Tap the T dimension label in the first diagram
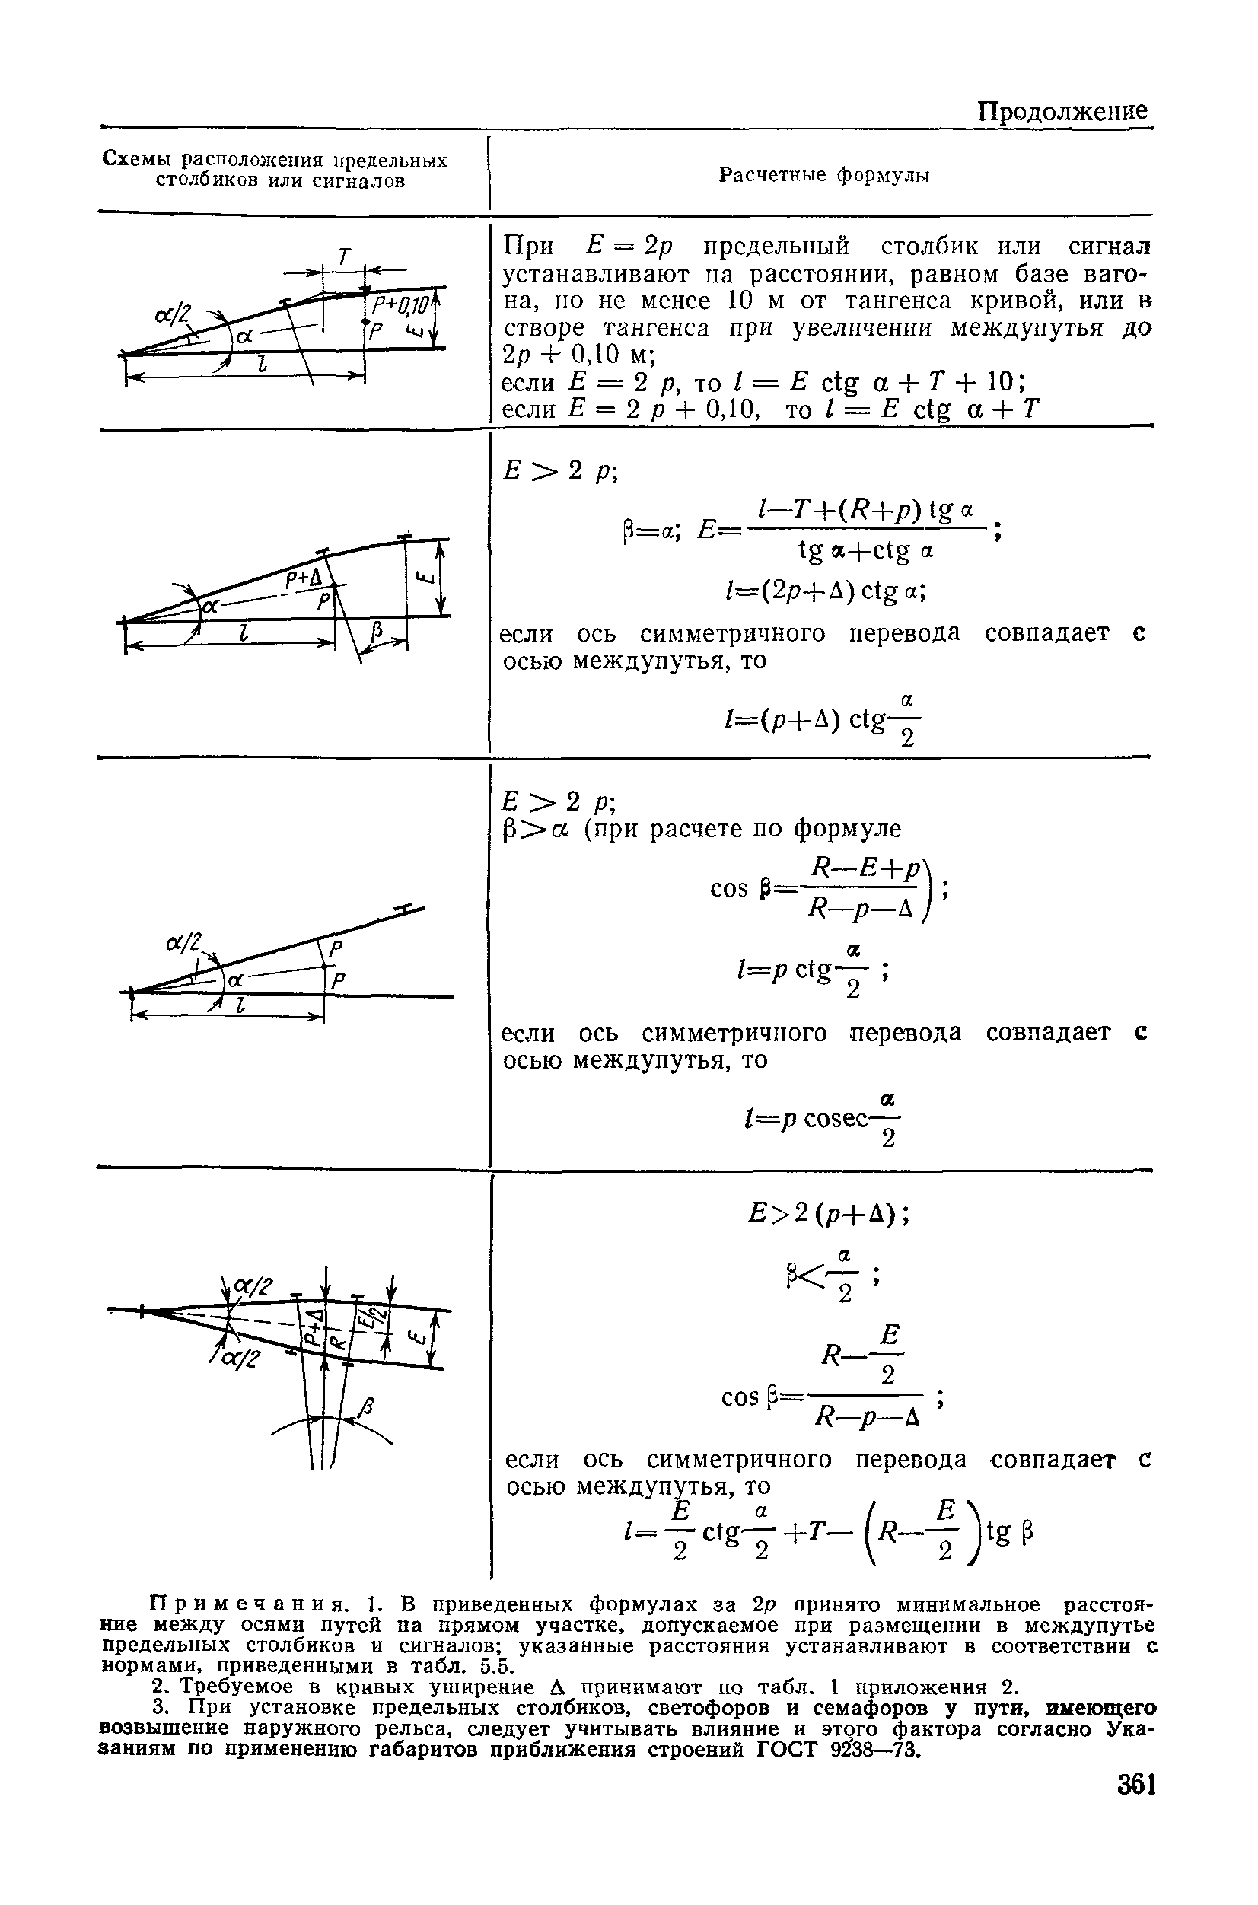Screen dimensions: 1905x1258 click(x=344, y=256)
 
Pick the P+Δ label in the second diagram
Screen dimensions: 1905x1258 click(x=303, y=580)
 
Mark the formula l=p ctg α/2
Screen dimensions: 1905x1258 click(x=811, y=971)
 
